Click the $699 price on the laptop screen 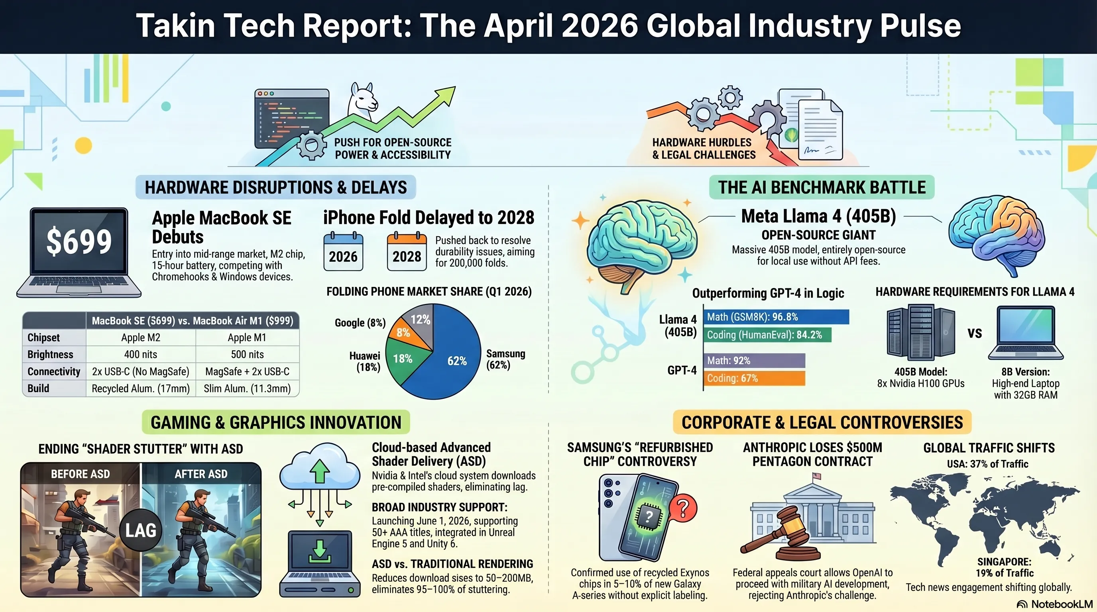click(x=79, y=241)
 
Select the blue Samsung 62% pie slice click(x=451, y=357)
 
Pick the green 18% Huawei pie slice click(x=404, y=360)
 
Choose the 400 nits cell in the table click(x=141, y=355)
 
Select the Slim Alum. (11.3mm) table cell click(x=247, y=388)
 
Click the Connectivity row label click(x=54, y=371)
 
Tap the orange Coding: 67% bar click(x=754, y=379)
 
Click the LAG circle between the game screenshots click(x=141, y=530)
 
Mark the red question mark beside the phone click(x=683, y=508)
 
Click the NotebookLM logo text click(x=1062, y=604)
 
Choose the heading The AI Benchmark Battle click(x=822, y=187)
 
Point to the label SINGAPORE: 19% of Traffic click(x=1004, y=567)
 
